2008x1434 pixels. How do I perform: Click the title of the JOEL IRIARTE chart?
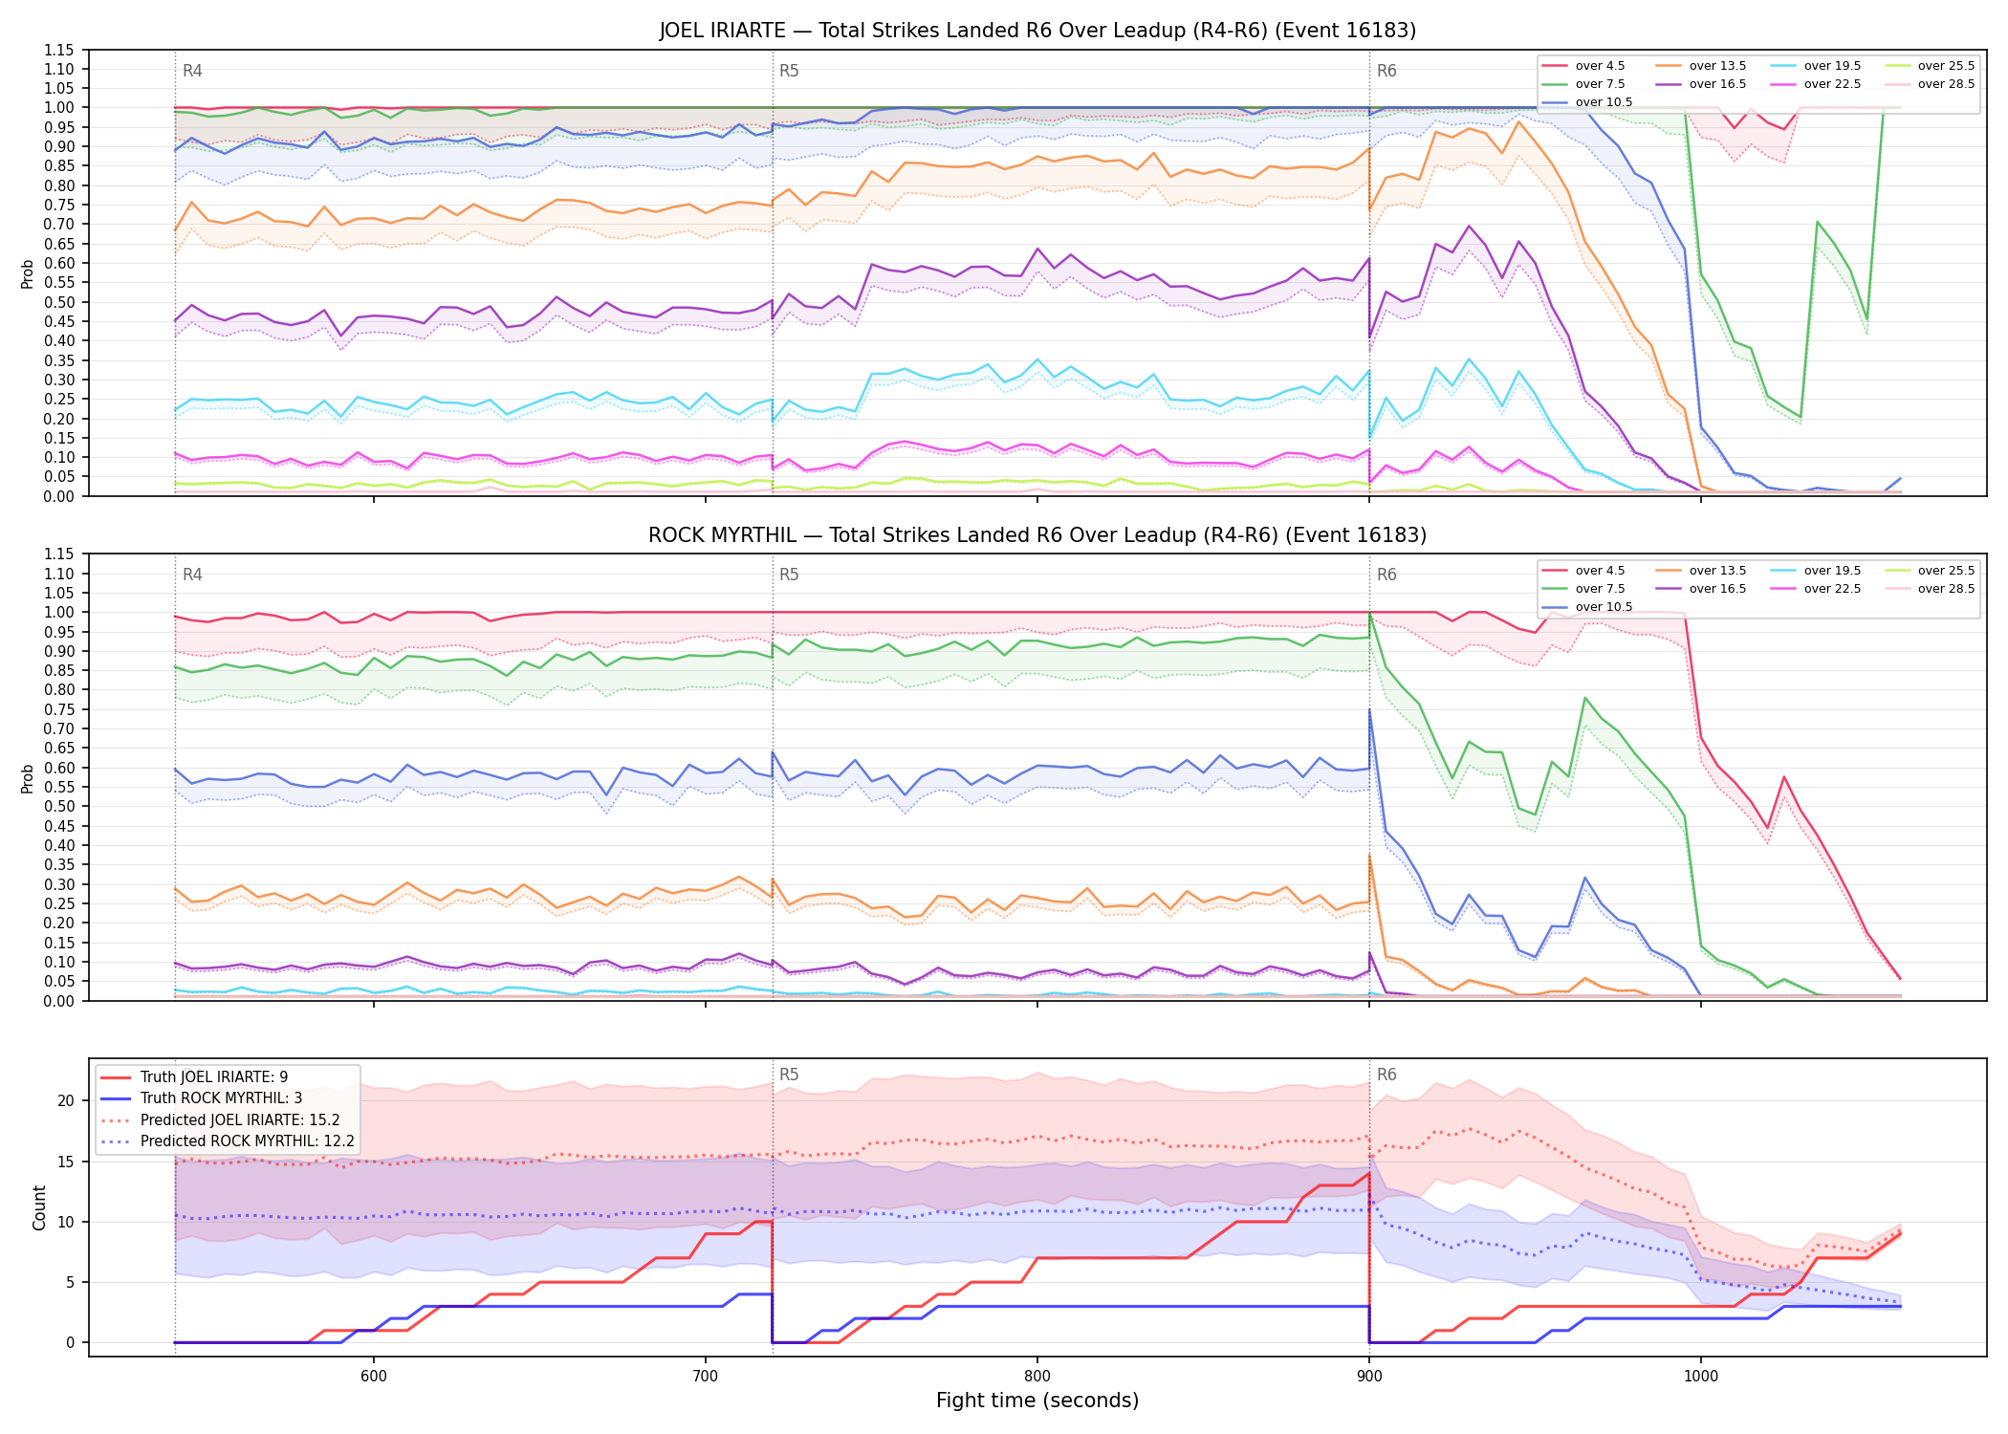(1037, 31)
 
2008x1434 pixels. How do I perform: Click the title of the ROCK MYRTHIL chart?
(1037, 535)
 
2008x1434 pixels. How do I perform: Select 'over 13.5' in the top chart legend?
(1717, 66)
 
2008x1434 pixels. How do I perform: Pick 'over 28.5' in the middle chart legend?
(1946, 589)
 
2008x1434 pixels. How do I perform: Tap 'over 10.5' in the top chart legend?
(1604, 102)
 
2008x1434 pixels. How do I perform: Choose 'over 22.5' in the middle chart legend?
(1832, 589)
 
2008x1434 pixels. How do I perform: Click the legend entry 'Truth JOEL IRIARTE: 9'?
(214, 1077)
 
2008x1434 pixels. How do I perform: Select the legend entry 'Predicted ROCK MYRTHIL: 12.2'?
(248, 1141)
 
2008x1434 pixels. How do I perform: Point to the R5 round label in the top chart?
(789, 71)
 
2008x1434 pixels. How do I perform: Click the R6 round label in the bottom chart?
(1386, 1075)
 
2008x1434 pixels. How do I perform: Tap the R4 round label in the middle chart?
(192, 575)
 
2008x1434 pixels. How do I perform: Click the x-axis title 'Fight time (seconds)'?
(1037, 1401)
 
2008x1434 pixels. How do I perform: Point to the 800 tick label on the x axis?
(1037, 1377)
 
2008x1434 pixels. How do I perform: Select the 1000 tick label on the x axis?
(1700, 1377)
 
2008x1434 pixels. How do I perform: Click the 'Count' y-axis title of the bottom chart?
(39, 1208)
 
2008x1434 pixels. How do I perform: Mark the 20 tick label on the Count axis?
(66, 1101)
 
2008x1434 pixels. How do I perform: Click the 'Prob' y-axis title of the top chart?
(28, 274)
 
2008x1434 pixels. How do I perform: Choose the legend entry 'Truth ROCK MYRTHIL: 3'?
(221, 1098)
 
